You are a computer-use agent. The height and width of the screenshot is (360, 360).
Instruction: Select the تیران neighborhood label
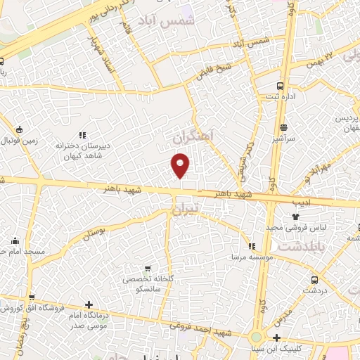185,208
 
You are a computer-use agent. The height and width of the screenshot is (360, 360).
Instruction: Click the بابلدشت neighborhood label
303,247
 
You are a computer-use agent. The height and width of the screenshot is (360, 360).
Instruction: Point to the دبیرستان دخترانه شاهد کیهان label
103,151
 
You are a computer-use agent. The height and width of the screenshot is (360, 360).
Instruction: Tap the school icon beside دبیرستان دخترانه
82,135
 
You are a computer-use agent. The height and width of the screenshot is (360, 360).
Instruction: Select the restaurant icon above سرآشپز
283,127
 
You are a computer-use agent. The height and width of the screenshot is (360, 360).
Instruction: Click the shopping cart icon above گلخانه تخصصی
147,269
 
